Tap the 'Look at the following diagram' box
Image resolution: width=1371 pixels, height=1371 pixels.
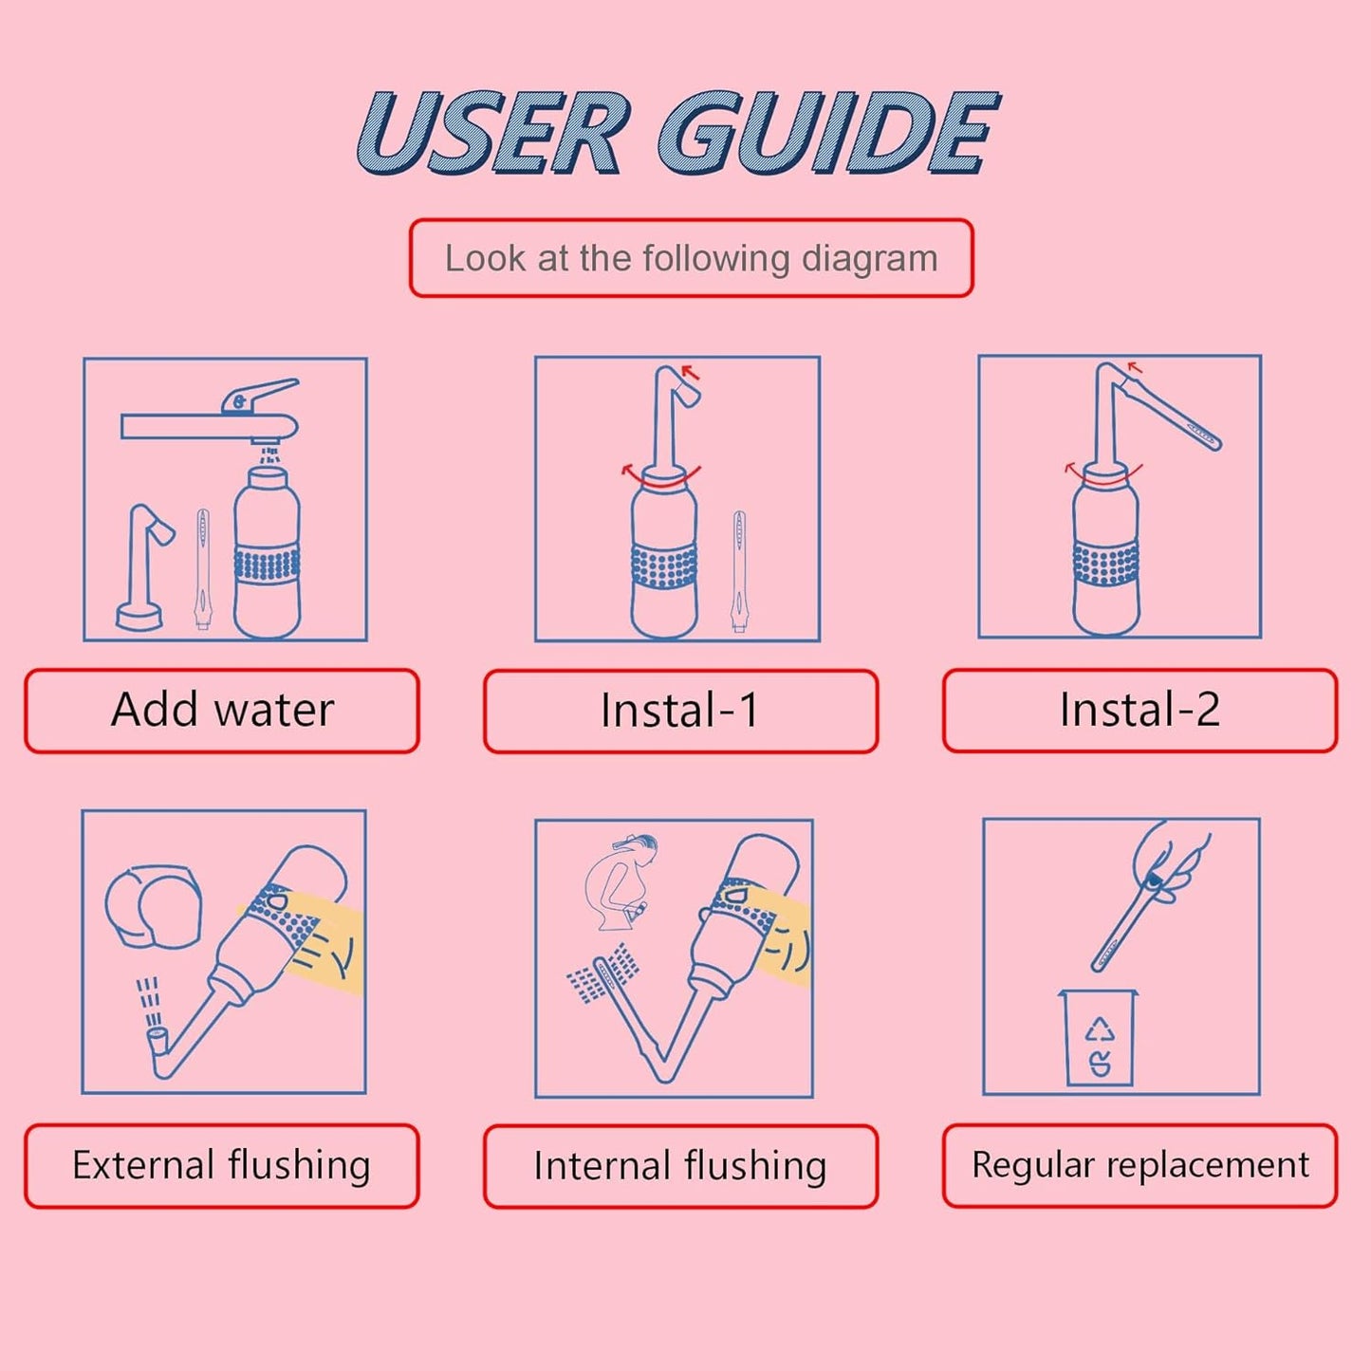pyautogui.click(x=691, y=258)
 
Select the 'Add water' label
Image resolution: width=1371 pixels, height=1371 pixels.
pyautogui.click(x=222, y=711)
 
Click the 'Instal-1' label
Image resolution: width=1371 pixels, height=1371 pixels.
pyautogui.click(x=679, y=711)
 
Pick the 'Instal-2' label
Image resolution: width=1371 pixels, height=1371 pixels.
pyautogui.click(x=1139, y=710)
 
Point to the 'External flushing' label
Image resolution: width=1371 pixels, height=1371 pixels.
pyautogui.click(x=221, y=1165)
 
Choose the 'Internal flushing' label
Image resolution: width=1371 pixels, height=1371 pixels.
pyautogui.click(x=679, y=1166)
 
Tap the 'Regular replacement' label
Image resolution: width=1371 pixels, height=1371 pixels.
pyautogui.click(x=1139, y=1165)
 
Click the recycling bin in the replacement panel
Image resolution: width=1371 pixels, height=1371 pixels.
pyautogui.click(x=1098, y=1038)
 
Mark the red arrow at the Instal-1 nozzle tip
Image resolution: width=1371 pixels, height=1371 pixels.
pyautogui.click(x=690, y=372)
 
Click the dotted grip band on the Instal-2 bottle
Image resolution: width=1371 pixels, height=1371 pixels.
pyautogui.click(x=1105, y=564)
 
